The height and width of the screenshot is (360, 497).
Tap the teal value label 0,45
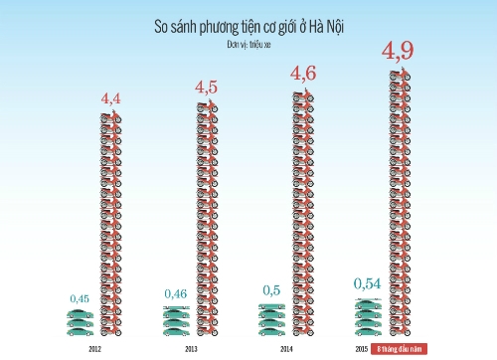tap(80, 298)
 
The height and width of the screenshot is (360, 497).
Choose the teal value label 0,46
tap(176, 295)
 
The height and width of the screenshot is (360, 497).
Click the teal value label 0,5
tap(272, 290)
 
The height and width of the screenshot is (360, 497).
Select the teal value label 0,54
tap(368, 285)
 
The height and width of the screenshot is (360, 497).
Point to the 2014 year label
tap(285, 349)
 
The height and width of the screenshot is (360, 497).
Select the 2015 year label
tap(362, 349)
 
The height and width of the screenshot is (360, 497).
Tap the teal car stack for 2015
tap(368, 316)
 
